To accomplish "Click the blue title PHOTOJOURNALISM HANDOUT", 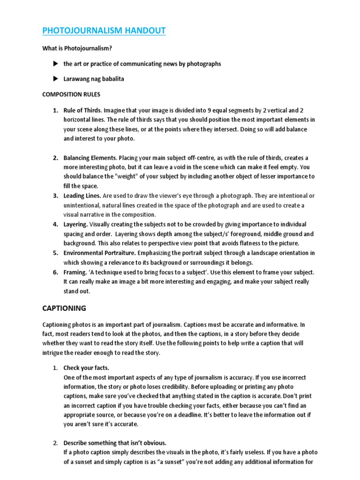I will click(104, 31).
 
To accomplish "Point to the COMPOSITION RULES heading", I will click(71, 94).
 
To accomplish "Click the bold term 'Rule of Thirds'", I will click(82, 111).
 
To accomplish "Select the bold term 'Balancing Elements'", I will click(90, 158).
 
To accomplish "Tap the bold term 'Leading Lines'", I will click(82, 195).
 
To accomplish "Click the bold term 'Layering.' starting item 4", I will click(75, 224).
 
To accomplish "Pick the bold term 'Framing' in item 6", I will click(75, 272).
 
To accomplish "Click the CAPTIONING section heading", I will click(64, 308).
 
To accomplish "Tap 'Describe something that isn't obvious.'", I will click(115, 443).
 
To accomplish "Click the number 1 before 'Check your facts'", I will click(54, 367).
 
